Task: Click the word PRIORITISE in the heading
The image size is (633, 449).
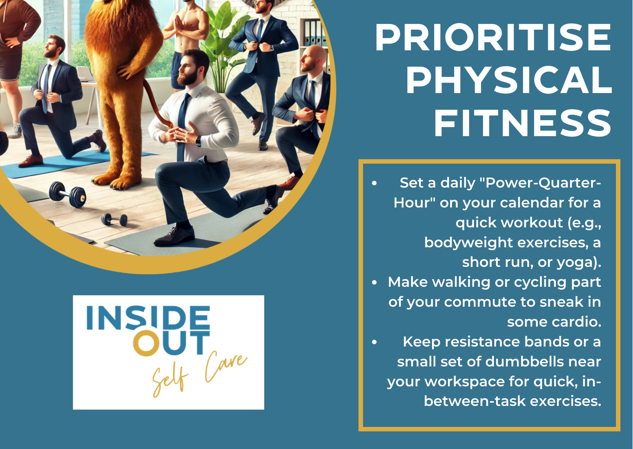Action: coord(493,38)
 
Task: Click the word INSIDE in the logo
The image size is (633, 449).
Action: coord(148,318)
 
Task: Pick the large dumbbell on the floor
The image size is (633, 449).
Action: coord(68,194)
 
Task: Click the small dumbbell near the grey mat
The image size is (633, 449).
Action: coord(114,219)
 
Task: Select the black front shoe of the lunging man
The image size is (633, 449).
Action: coord(174,236)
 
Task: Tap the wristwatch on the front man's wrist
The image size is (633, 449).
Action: coord(198,140)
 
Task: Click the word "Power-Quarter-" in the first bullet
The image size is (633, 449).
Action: coord(543,183)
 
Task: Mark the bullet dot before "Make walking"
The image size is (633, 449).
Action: coord(374,282)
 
